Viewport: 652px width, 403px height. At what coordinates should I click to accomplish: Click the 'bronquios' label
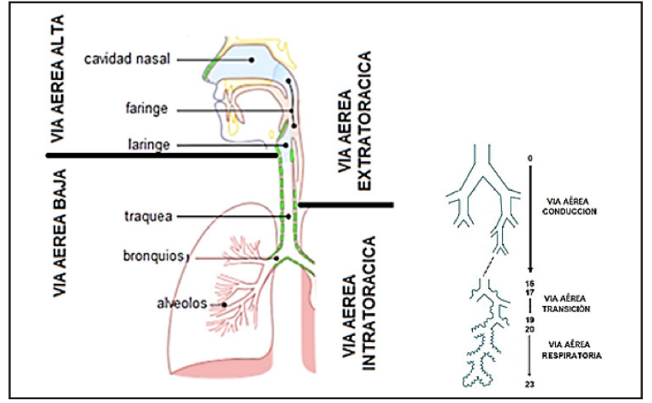[151, 255]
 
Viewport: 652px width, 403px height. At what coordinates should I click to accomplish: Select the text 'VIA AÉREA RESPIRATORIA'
[570, 351]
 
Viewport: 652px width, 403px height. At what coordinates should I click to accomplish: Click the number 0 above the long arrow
[530, 158]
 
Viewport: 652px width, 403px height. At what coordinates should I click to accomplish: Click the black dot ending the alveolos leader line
[224, 305]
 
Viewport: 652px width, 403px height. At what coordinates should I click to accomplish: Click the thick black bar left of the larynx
[161, 155]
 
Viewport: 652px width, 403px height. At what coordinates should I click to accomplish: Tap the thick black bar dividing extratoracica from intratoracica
[346, 205]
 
